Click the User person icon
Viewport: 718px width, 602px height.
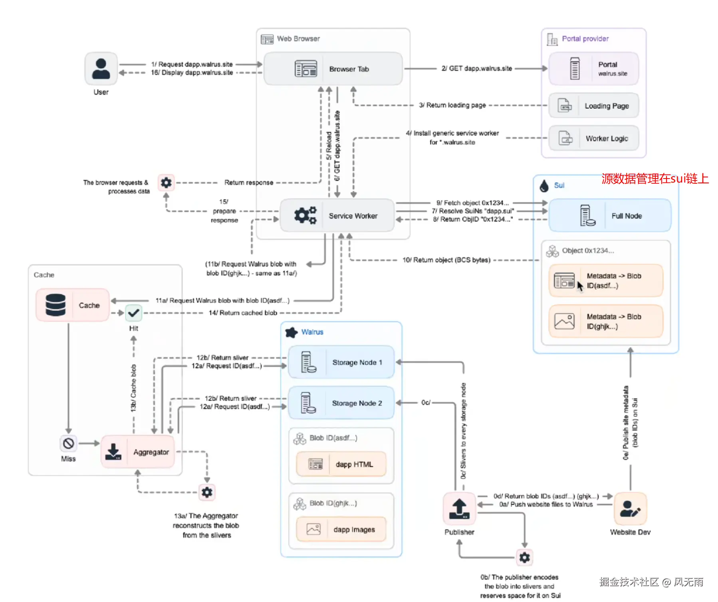[101, 69]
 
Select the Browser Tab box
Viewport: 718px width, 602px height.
[333, 69]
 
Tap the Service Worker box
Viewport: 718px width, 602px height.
[337, 216]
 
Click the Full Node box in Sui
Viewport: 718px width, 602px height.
[610, 216]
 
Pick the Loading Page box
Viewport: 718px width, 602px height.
[594, 106]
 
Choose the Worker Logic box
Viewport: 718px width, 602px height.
[594, 139]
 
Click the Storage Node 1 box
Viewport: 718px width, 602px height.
[341, 362]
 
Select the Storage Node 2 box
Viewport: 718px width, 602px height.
[341, 403]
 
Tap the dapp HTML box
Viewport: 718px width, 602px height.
[341, 464]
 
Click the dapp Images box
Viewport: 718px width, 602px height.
[341, 529]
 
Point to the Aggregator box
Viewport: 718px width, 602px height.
[138, 452]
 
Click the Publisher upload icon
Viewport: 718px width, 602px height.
[459, 509]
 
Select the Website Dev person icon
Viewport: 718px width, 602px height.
[630, 509]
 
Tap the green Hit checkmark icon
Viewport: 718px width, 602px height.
[134, 313]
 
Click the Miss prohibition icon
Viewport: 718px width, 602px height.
[68, 443]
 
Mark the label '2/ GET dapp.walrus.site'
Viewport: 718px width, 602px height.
[476, 69]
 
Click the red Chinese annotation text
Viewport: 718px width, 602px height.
[655, 179]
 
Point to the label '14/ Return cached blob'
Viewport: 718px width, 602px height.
[243, 313]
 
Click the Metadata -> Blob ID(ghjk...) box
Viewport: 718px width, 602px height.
[606, 321]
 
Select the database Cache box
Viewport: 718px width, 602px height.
[73, 305]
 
